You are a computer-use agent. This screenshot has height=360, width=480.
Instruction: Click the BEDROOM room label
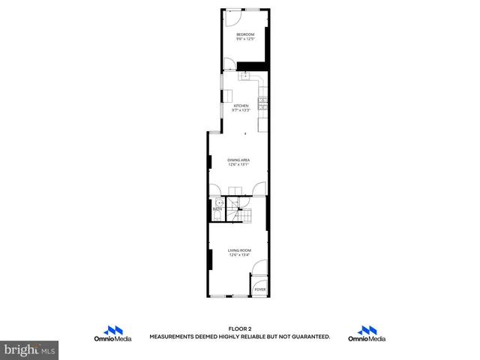245,34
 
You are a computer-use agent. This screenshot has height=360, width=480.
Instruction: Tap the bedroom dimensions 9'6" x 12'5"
245,40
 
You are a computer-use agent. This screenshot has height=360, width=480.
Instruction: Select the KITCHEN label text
241,106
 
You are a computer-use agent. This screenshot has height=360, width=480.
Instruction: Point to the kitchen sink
245,75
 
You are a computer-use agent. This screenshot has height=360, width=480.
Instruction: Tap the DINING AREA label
238,160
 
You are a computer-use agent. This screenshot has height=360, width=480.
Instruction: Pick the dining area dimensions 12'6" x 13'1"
238,166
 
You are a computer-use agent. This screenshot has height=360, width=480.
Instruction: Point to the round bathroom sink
219,203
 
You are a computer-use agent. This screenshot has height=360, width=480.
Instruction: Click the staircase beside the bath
241,210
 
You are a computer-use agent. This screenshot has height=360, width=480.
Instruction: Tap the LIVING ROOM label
239,250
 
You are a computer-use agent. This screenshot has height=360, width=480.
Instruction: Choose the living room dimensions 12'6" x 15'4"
239,256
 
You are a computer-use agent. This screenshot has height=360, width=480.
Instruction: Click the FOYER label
259,289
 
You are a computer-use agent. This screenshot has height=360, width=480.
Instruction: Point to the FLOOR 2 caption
239,329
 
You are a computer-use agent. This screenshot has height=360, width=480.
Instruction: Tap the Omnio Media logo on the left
113,334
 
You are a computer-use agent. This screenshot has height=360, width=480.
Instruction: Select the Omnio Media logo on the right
367,334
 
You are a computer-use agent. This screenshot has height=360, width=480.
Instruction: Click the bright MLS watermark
29,349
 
